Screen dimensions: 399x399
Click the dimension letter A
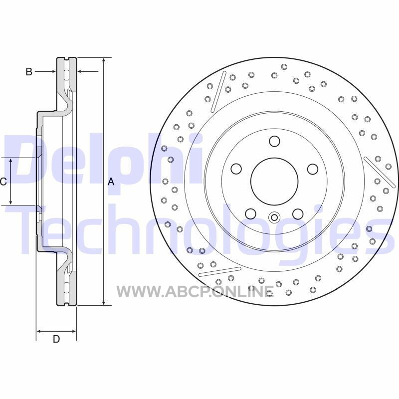tap(111, 182)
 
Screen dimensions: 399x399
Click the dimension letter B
tap(29, 72)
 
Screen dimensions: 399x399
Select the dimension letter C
tap(3, 182)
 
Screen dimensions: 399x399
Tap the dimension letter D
tap(56, 339)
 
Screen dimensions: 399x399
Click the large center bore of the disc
tap(274, 181)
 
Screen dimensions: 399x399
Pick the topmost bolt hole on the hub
tap(275, 141)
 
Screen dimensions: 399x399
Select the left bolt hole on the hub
tap(236, 169)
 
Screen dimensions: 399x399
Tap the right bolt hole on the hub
tap(313, 169)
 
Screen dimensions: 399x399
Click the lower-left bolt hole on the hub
tap(251, 214)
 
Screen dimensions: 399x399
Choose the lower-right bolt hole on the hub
tap(298, 214)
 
